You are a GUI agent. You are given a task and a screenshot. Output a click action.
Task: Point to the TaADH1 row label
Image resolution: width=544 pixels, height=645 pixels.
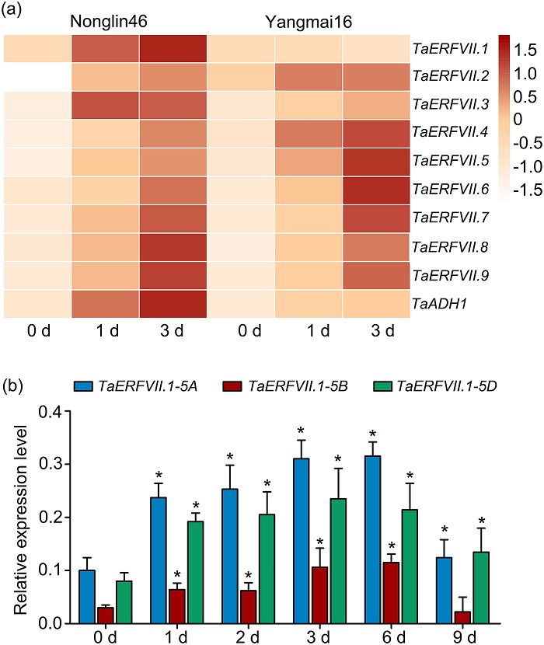point(435,302)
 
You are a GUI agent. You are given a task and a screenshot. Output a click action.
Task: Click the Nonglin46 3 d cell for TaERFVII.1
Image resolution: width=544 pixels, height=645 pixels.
point(173,48)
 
